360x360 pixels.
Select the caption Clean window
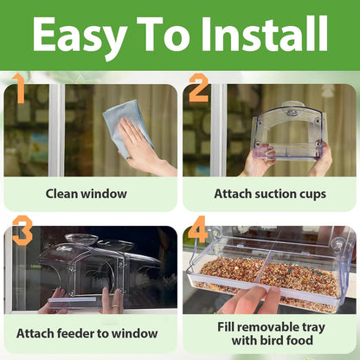[87, 194]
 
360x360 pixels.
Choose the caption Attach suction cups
[269, 194]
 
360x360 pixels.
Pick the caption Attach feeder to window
[87, 332]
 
